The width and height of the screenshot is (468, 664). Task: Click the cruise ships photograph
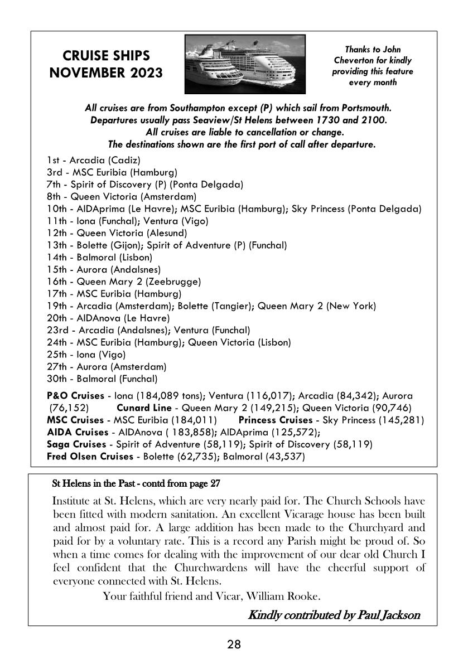[x=245, y=64]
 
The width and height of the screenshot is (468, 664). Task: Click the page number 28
[x=234, y=645]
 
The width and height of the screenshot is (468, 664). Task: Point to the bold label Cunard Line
[x=144, y=408]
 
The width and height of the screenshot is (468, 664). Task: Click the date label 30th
[x=57, y=379]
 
